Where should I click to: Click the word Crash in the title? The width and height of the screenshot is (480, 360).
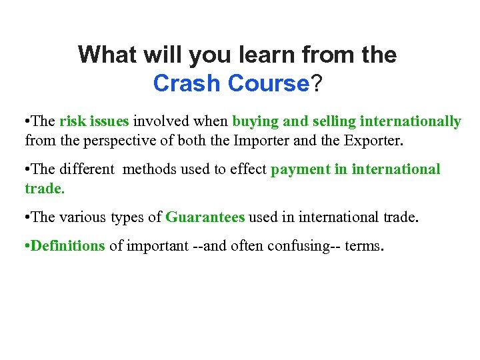click(x=187, y=83)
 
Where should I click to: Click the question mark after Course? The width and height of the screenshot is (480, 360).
click(x=317, y=83)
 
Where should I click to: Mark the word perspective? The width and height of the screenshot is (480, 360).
click(x=111, y=141)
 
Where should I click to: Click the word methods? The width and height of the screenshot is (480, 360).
click(x=147, y=169)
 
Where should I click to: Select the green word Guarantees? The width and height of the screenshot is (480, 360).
click(x=205, y=217)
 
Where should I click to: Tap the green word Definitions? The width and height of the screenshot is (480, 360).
click(x=68, y=246)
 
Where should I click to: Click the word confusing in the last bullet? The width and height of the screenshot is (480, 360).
click(x=297, y=246)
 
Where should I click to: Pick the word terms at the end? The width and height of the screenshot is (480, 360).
click(x=363, y=246)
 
